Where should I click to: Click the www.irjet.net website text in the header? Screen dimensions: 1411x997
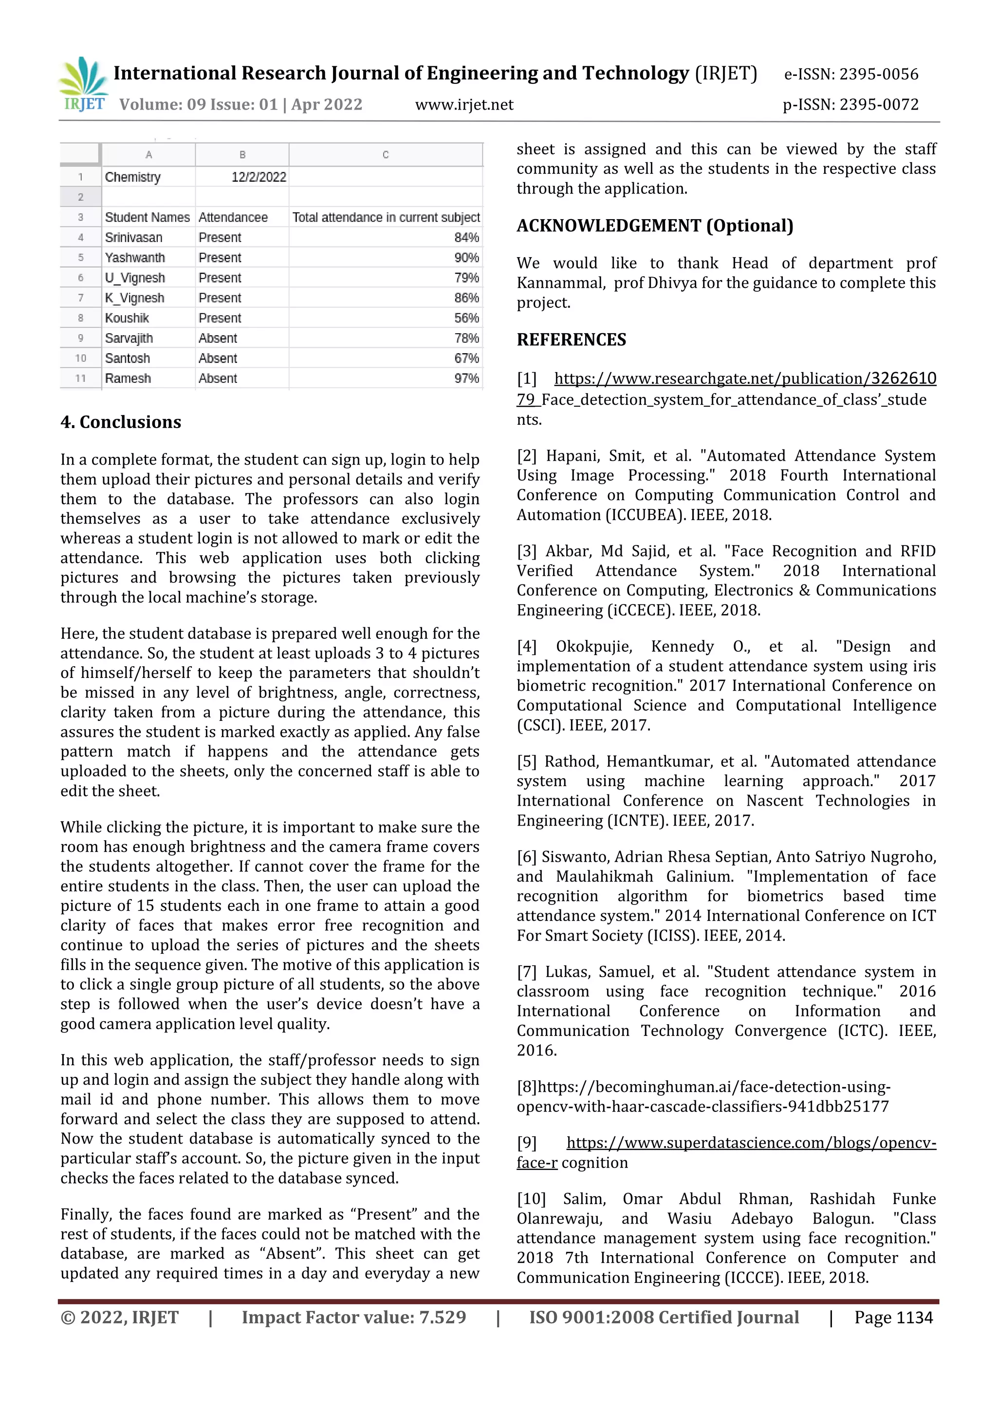click(x=464, y=105)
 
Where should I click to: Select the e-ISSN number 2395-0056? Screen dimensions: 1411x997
click(x=878, y=75)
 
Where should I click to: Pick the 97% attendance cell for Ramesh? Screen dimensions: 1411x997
click(x=466, y=378)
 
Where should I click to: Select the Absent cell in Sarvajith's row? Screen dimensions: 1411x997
click(x=218, y=339)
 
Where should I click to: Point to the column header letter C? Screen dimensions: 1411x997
click(x=385, y=155)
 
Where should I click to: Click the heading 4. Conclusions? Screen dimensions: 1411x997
click(x=121, y=422)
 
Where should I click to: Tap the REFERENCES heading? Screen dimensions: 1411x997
click(x=572, y=340)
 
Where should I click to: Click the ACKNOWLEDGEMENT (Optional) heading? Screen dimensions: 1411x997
click(x=655, y=226)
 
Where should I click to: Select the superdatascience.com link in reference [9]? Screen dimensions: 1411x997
click(x=751, y=1143)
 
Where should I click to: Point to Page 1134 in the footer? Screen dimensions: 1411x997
click(x=893, y=1317)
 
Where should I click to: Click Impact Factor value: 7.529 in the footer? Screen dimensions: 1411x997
click(x=354, y=1317)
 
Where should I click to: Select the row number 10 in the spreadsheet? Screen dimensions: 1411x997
click(x=80, y=358)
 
